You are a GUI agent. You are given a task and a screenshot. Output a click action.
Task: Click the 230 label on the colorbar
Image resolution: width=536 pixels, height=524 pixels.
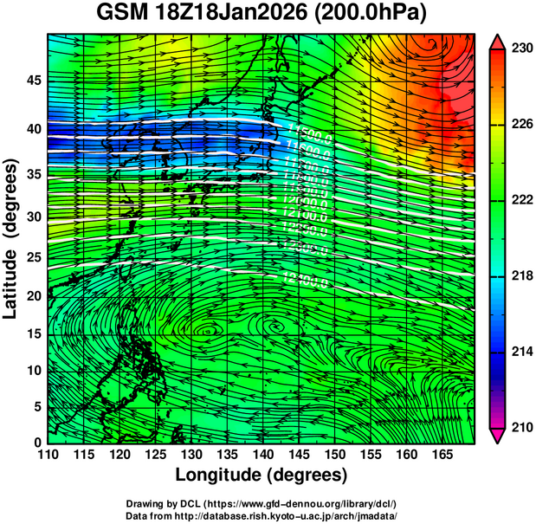click(x=520, y=49)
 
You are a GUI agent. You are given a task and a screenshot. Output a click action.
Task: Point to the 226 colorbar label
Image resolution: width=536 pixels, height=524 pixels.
click(x=520, y=125)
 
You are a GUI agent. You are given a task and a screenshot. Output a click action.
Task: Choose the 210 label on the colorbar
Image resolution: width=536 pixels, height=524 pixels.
click(x=520, y=427)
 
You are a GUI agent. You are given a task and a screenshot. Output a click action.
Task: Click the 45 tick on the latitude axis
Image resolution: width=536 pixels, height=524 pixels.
click(x=34, y=81)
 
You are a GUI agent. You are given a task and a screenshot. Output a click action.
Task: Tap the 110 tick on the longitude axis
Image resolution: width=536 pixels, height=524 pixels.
click(x=48, y=454)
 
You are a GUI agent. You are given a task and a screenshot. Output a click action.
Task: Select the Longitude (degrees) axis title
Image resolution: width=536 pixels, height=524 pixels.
click(x=262, y=475)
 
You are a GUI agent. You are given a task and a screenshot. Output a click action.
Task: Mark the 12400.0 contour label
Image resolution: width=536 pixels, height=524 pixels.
click(x=305, y=278)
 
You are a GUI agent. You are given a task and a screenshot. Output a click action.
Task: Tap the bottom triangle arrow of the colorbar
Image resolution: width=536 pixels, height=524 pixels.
click(x=500, y=436)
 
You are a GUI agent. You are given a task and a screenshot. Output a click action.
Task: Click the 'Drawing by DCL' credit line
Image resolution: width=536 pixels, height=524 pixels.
click(x=261, y=503)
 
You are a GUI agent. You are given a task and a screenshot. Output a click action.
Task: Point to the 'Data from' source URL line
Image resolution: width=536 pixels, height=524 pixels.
click(x=261, y=515)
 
